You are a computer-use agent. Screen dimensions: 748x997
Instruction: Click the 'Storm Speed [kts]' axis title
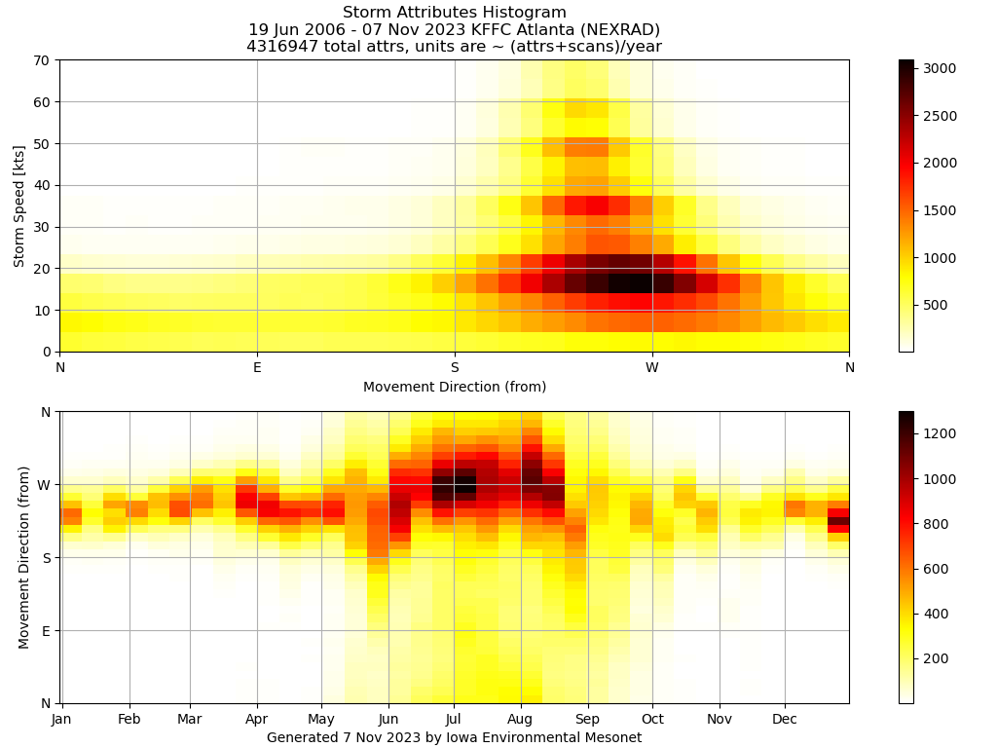click(x=19, y=206)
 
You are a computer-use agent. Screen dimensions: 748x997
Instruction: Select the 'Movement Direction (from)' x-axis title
click(x=455, y=387)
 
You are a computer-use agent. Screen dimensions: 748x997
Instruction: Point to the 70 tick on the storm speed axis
click(x=43, y=60)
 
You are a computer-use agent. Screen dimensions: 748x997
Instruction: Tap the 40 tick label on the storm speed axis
click(x=43, y=185)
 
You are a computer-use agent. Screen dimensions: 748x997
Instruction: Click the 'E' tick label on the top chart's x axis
click(x=257, y=367)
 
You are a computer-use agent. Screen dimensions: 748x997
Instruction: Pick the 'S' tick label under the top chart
click(x=455, y=367)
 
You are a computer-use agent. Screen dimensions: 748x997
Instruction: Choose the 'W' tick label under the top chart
click(x=652, y=367)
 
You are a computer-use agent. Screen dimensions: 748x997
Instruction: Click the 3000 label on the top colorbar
click(x=939, y=68)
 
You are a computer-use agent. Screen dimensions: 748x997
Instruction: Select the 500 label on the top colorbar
click(x=935, y=305)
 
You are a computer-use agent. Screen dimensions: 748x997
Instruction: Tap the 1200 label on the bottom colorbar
click(x=939, y=432)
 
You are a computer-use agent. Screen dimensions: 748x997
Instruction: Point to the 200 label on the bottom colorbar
click(x=935, y=658)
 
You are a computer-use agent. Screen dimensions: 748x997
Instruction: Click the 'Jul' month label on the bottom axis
click(x=453, y=720)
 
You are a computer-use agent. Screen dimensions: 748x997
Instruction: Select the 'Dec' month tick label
click(x=785, y=720)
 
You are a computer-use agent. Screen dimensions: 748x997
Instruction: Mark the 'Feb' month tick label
click(x=129, y=720)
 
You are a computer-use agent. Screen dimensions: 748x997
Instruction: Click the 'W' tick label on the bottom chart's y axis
click(x=44, y=484)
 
